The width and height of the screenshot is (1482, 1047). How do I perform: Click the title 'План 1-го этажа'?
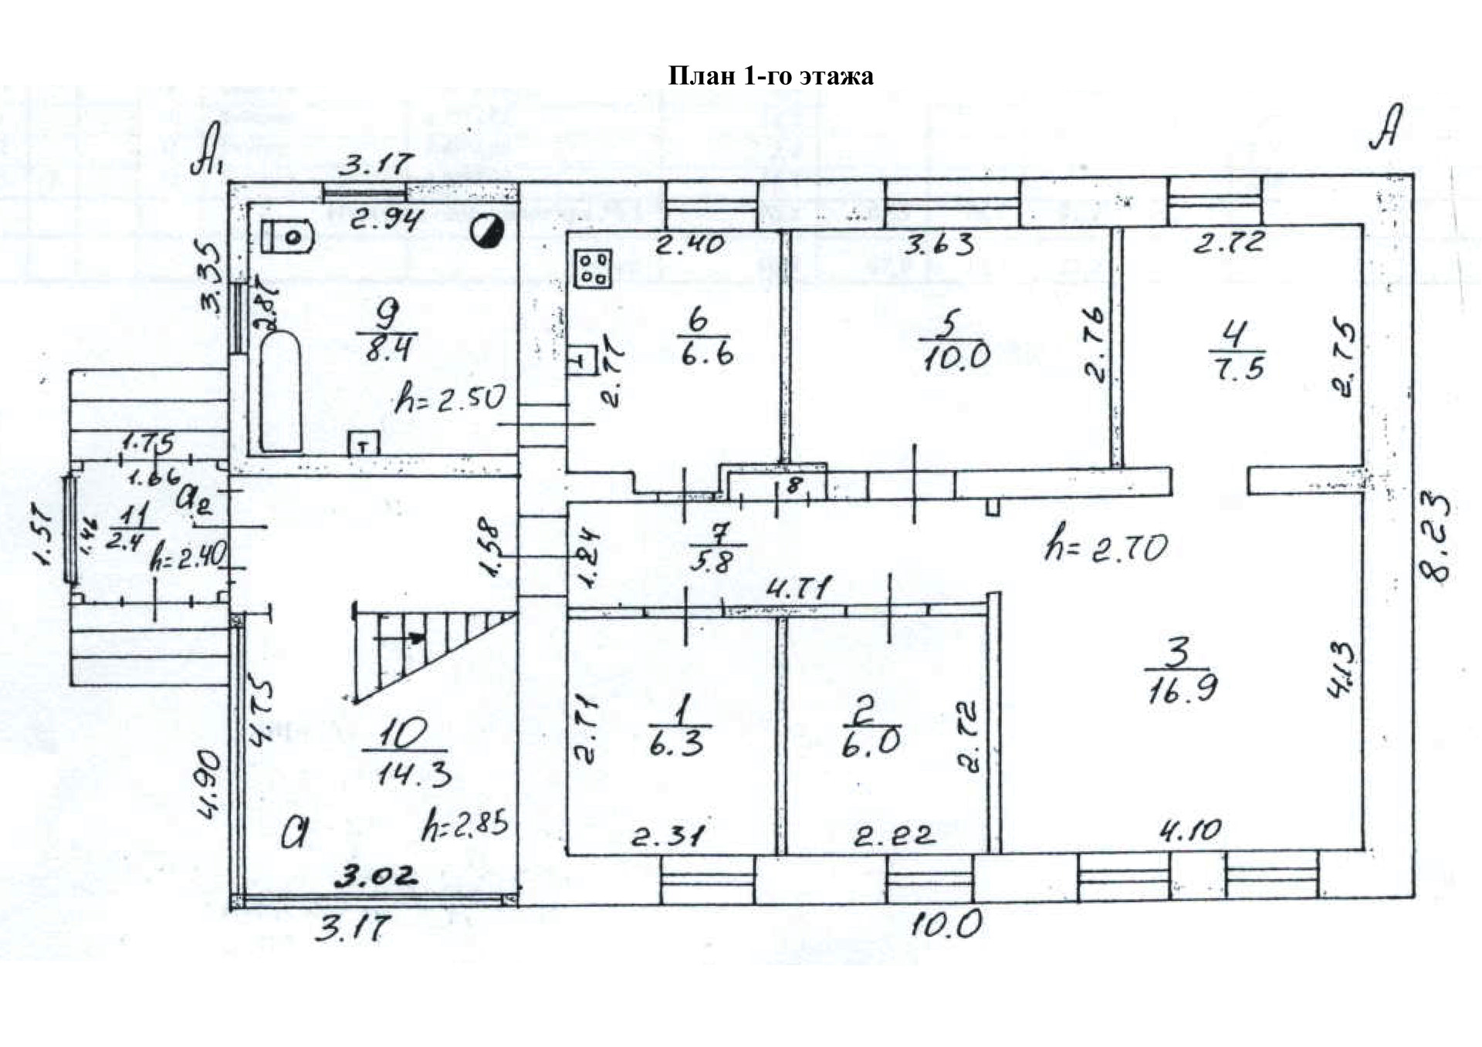(770, 76)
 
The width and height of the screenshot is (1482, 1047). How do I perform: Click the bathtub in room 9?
(280, 392)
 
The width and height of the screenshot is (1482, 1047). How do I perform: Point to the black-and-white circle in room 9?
(489, 231)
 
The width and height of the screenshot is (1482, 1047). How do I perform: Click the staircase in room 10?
(432, 652)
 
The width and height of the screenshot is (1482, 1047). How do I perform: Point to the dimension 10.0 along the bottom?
(945, 923)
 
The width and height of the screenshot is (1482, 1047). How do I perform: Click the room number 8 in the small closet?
(794, 485)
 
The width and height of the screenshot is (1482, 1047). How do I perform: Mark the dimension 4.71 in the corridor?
(798, 590)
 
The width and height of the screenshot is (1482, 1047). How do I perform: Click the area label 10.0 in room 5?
(956, 358)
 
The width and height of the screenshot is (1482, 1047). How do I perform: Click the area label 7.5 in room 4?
(1238, 366)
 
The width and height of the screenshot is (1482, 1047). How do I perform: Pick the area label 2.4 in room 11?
(123, 542)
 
